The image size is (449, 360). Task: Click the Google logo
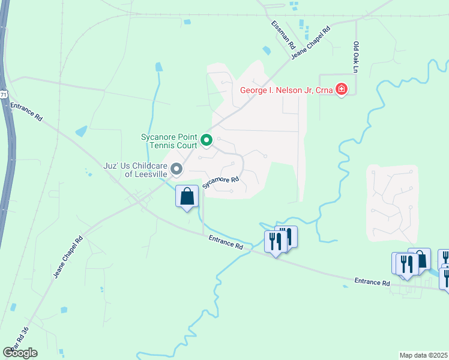pos(20,353)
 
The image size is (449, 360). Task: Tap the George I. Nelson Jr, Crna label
pos(287,91)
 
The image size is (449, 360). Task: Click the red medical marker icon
pos(342,90)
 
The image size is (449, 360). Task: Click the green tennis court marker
pos(206,140)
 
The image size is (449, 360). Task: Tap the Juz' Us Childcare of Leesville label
pos(134,170)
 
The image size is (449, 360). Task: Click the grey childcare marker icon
pos(176,170)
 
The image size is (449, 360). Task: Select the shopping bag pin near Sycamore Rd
pos(187,196)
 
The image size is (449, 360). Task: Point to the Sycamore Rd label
pos(220,182)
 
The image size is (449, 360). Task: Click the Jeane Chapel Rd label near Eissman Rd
pos(311,43)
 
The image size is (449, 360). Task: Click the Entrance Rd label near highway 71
pos(26,113)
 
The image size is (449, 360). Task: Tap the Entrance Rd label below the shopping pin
pos(226,242)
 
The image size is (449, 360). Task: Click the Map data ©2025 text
pos(424,355)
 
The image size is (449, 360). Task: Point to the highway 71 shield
pos(4,95)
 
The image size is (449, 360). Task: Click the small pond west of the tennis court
pos(80,131)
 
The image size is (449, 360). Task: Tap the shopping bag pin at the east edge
pos(419,259)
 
